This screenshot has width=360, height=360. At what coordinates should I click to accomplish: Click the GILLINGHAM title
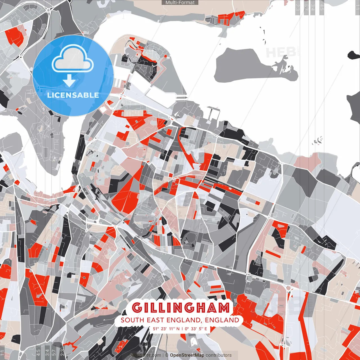pyautogui.click(x=181, y=308)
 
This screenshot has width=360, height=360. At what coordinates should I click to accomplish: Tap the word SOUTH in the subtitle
pyautogui.click(x=132, y=320)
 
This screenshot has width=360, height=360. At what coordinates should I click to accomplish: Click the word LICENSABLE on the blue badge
pyautogui.click(x=73, y=95)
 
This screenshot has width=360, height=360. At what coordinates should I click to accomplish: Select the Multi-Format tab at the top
pyautogui.click(x=180, y=3)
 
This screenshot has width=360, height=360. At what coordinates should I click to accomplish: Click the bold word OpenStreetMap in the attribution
pyautogui.click(x=187, y=355)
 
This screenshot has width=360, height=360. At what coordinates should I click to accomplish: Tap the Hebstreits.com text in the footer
pyautogui.click(x=145, y=355)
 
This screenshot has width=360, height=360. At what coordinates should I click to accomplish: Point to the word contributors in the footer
pyautogui.click(x=219, y=355)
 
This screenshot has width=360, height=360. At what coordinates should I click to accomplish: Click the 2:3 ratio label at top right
pyautogui.click(x=297, y=7)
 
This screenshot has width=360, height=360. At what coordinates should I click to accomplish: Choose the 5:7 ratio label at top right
pyautogui.click(x=306, y=7)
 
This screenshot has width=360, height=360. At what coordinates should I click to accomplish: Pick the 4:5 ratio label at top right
pyautogui.click(x=322, y=7)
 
